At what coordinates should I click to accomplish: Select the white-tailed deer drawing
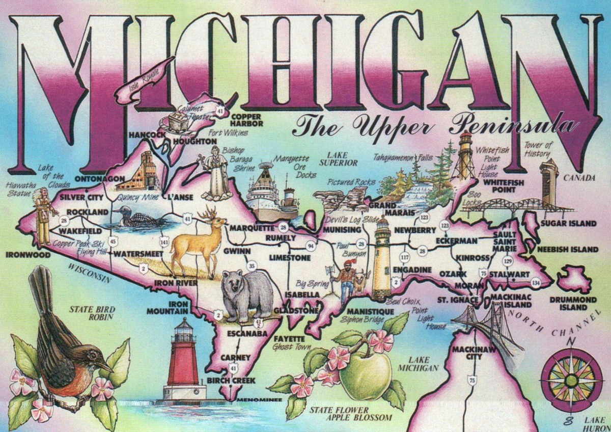(x=199, y=242)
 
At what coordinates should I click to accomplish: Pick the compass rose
(x=571, y=380)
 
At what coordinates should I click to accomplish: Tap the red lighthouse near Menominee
(x=183, y=362)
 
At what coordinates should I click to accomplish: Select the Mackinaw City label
(x=466, y=353)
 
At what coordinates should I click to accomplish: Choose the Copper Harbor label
(x=247, y=120)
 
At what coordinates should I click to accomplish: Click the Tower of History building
(x=549, y=181)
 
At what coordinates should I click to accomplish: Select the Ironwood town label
(x=29, y=254)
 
